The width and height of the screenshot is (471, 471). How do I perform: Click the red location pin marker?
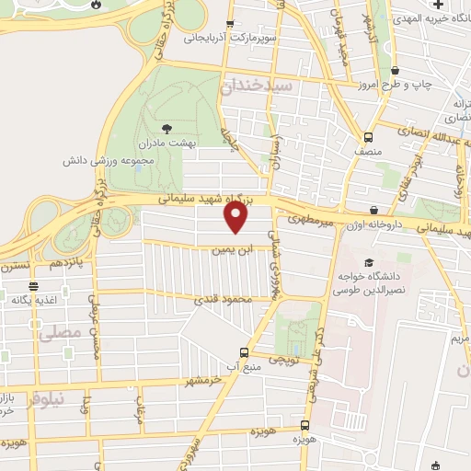click(x=236, y=217)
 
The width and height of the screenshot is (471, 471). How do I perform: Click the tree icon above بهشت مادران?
click(x=167, y=129)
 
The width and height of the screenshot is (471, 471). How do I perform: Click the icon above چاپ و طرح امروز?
click(x=395, y=71)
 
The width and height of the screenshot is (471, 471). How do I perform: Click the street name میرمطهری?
click(x=306, y=221)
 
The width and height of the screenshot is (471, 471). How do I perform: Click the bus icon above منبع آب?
click(x=244, y=351)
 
